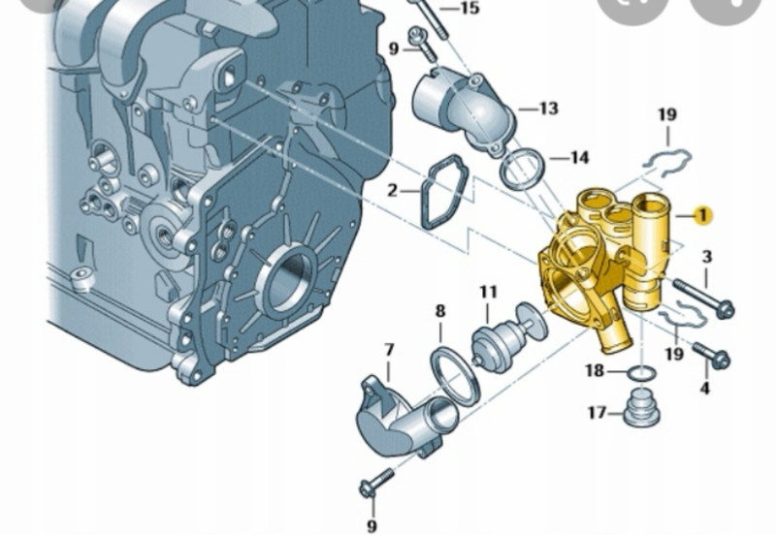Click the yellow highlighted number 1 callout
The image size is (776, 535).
tap(702, 215)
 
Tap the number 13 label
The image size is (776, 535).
tap(548, 108)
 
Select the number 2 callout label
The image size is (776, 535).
tap(392, 190)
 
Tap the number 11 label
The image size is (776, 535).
tap(488, 292)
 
